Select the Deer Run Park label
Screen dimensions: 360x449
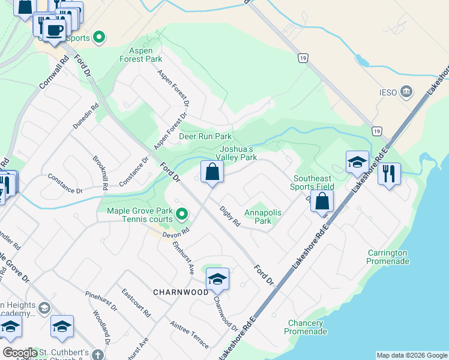coord(205,137)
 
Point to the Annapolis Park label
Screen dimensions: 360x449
coord(259,217)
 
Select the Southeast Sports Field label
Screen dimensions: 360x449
coord(312,183)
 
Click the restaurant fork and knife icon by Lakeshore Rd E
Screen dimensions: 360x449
coord(389,173)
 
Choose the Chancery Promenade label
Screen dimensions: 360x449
coord(307,327)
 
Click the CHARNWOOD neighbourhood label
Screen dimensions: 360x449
coord(180,292)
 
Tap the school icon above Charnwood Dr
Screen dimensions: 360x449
coord(217,278)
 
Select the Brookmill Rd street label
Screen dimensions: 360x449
coord(100,173)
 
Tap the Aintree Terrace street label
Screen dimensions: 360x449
coord(189,334)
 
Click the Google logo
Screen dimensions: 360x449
coord(20,353)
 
